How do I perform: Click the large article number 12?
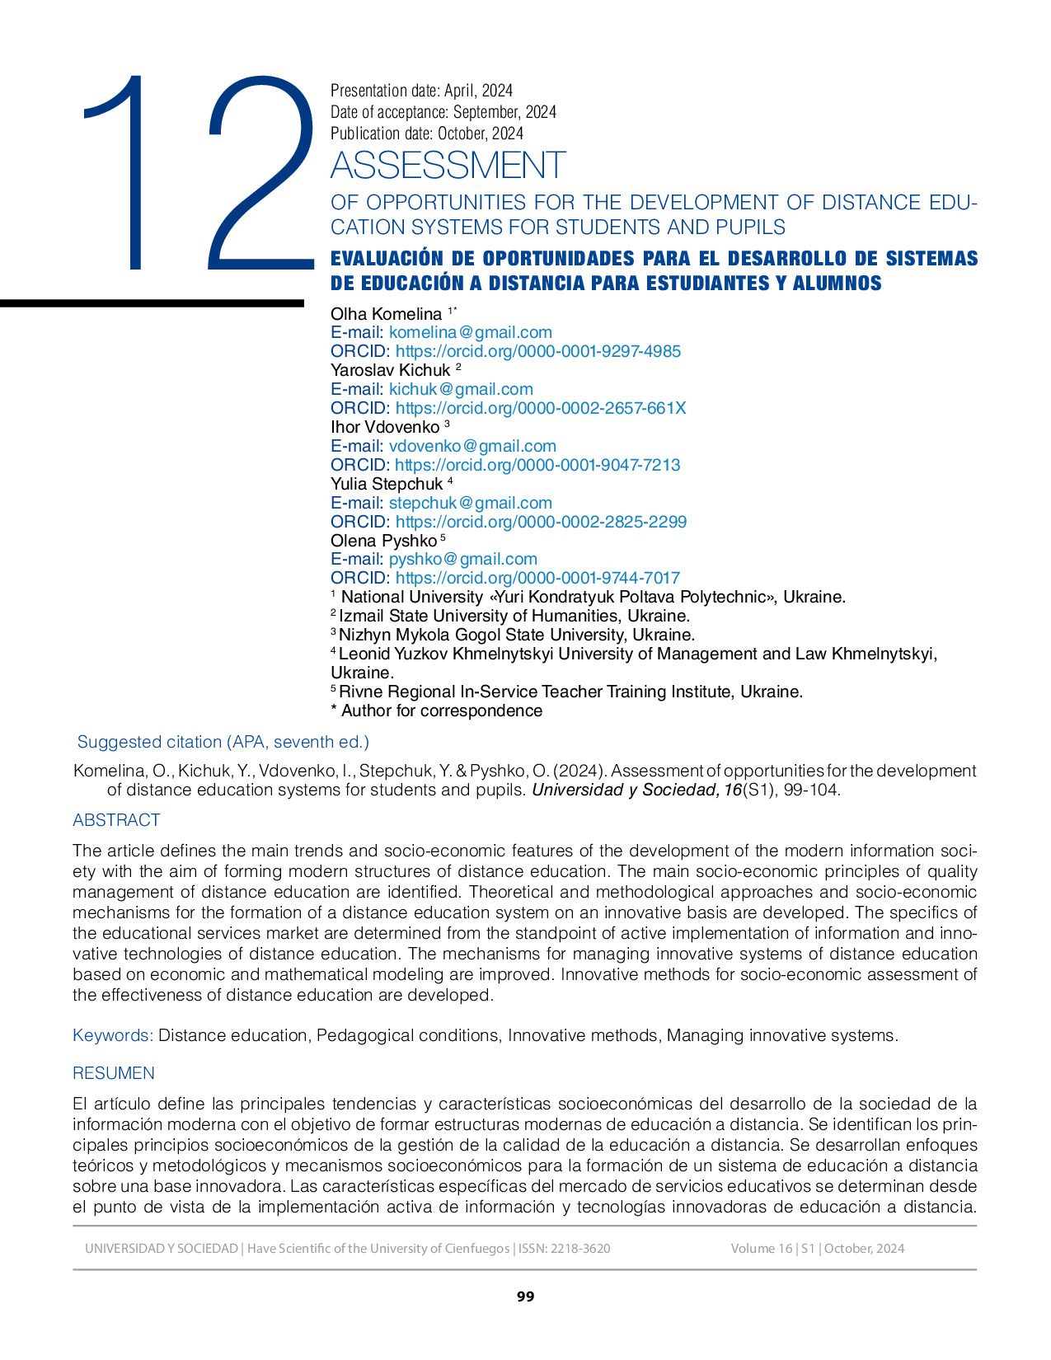(198, 173)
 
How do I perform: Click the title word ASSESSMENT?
(448, 166)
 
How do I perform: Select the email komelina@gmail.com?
(470, 332)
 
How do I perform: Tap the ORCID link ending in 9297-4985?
(537, 351)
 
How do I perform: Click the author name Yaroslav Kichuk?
(390, 370)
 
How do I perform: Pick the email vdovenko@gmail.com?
(472, 446)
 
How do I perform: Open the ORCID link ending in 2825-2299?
(541, 522)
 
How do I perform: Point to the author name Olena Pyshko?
(383, 541)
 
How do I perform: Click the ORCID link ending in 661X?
(540, 408)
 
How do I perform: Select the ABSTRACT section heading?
(116, 820)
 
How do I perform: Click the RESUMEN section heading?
(114, 1073)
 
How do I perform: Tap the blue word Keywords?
(113, 1035)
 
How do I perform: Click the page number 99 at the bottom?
(525, 1297)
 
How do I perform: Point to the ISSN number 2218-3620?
(580, 1248)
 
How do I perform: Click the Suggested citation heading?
(223, 742)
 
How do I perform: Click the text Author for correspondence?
(441, 710)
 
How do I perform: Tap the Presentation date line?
(421, 91)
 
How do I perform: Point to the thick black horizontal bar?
(152, 303)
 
